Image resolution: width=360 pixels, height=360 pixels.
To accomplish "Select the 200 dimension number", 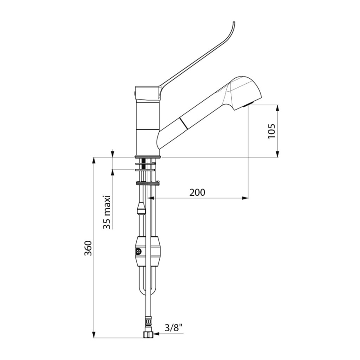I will click(197, 192).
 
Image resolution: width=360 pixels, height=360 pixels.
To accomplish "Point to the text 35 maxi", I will click(107, 212).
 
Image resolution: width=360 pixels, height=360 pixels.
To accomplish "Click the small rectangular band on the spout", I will click(183, 122).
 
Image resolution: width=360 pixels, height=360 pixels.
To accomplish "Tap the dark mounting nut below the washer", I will click(147, 183).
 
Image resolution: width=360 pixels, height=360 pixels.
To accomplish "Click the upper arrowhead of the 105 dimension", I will click(278, 108).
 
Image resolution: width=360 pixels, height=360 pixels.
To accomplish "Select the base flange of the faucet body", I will click(147, 156).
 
